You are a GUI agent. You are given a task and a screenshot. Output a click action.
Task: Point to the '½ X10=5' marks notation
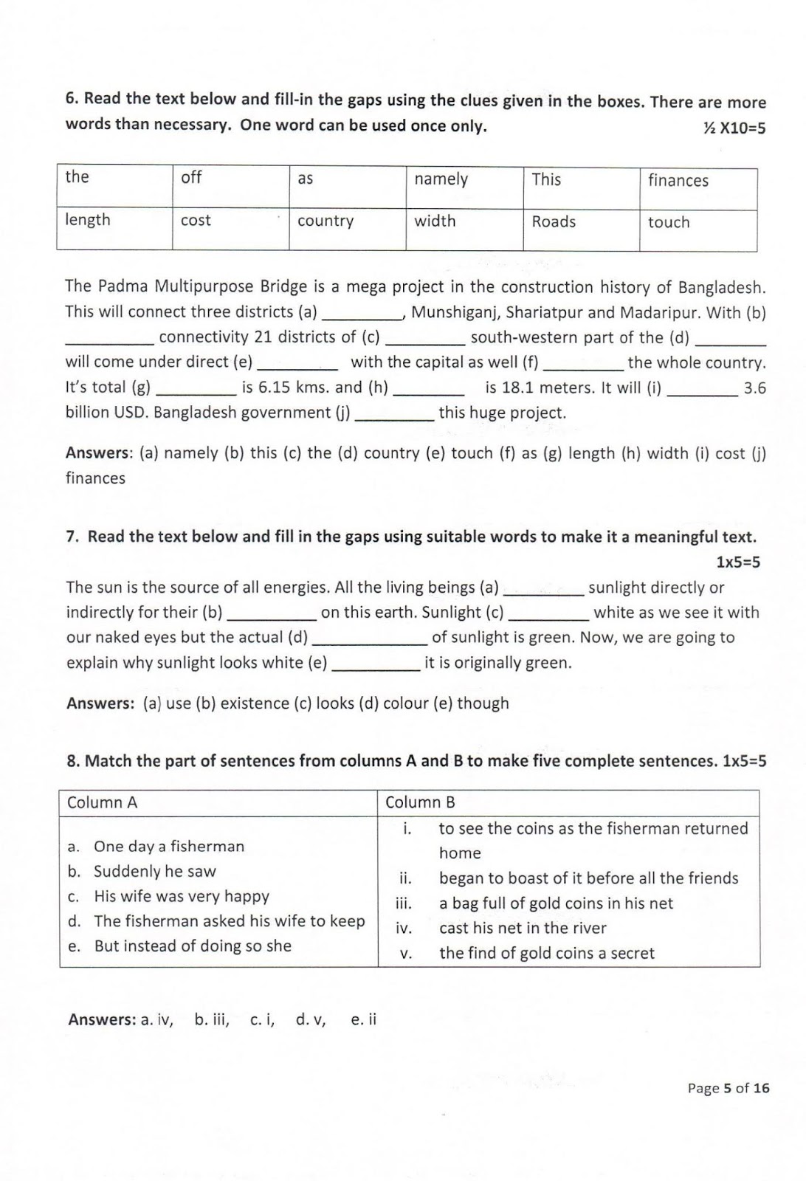pyautogui.click(x=734, y=128)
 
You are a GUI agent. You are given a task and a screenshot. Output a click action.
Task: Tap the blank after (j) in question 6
pyautogui.click(x=395, y=413)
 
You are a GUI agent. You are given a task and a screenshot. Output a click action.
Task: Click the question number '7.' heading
pyautogui.click(x=73, y=537)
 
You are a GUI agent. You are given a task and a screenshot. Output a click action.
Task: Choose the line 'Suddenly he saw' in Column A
pyautogui.click(x=154, y=872)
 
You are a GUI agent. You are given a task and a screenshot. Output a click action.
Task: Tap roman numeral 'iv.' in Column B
pyautogui.click(x=404, y=929)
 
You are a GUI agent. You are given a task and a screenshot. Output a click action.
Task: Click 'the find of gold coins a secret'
pyautogui.click(x=546, y=954)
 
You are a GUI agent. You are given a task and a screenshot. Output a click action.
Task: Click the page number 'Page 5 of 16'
pyautogui.click(x=728, y=1088)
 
